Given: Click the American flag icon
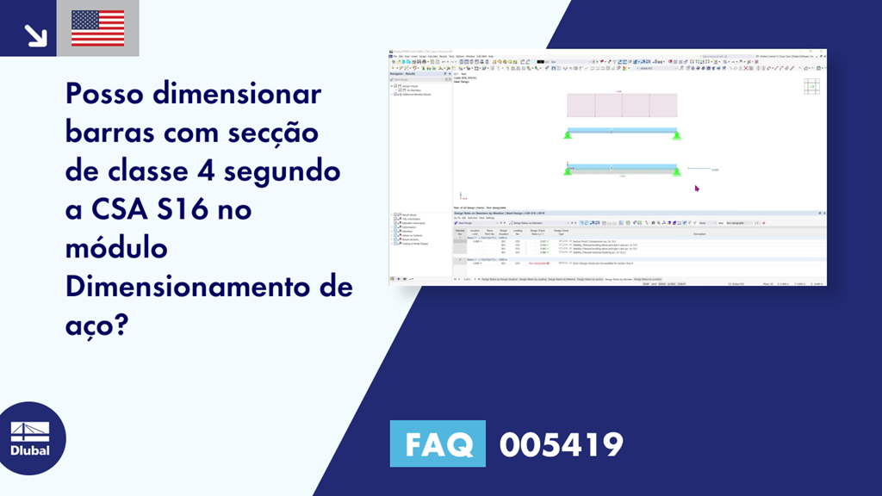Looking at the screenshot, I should click(x=97, y=28).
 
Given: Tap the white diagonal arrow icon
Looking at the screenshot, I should click(x=34, y=34).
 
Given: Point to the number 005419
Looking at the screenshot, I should click(x=561, y=445).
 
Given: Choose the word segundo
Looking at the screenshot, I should click(x=283, y=170).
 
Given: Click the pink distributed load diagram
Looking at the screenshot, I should click(x=621, y=105).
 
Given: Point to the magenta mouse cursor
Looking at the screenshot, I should click(x=697, y=188).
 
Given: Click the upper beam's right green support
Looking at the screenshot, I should click(x=676, y=134).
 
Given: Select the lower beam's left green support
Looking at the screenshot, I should click(x=568, y=171).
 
